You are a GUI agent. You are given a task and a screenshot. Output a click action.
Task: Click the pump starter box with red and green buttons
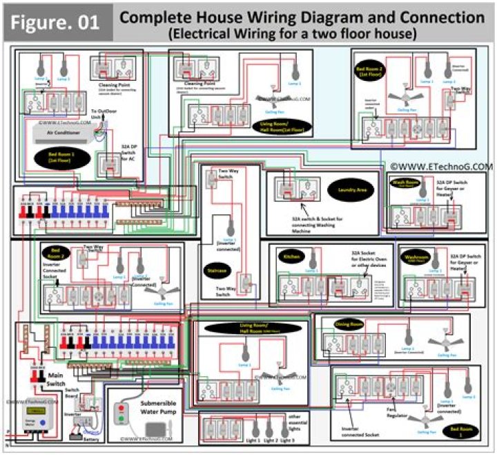(121, 415)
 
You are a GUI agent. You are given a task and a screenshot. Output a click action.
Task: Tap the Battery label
(90, 438)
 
